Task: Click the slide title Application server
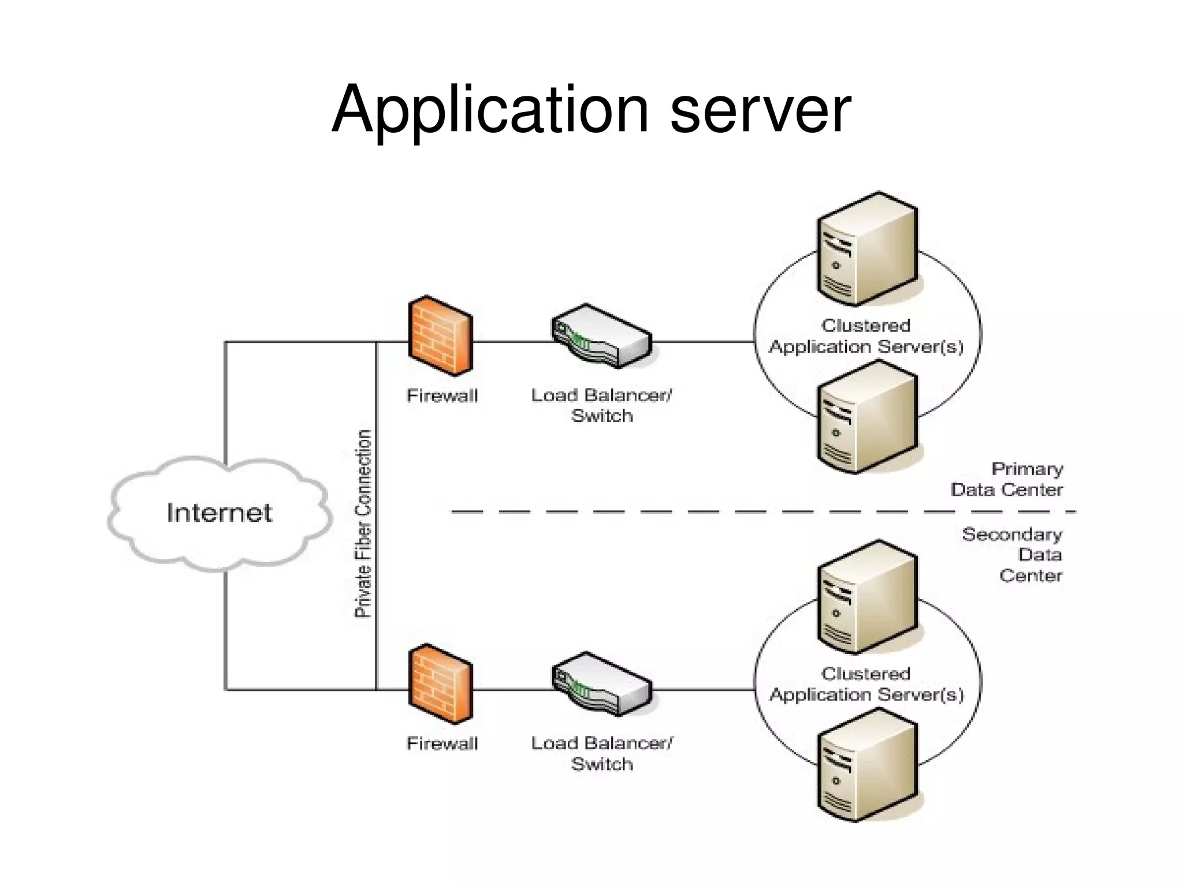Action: (591, 110)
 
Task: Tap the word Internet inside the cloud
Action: (219, 513)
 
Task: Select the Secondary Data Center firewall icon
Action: (440, 683)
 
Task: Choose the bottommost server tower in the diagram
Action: (866, 765)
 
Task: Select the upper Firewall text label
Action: (442, 395)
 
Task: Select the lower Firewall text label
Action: (442, 743)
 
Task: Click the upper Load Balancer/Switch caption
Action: (601, 405)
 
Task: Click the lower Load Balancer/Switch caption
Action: (601, 753)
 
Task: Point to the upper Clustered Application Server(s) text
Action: (866, 336)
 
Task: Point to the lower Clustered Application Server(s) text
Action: (866, 684)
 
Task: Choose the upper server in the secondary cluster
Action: (866, 597)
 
